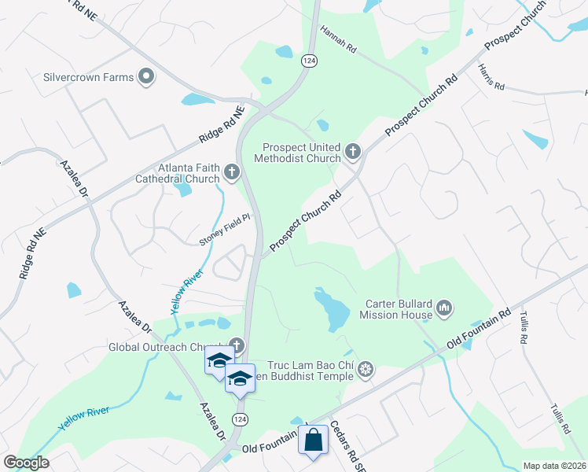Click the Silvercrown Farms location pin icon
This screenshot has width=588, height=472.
[x=145, y=76]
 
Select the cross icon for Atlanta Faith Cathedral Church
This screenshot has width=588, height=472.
[x=231, y=171]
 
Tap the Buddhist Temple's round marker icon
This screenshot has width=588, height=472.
[x=365, y=369]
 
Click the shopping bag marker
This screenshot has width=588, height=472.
[x=313, y=441]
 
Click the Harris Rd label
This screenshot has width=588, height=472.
[x=491, y=77]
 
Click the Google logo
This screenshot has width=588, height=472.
[x=26, y=463]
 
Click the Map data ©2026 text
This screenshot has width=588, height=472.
[x=553, y=466]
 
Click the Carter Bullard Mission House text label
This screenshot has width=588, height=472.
[x=396, y=309]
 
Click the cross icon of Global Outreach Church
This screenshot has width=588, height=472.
[x=237, y=346]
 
